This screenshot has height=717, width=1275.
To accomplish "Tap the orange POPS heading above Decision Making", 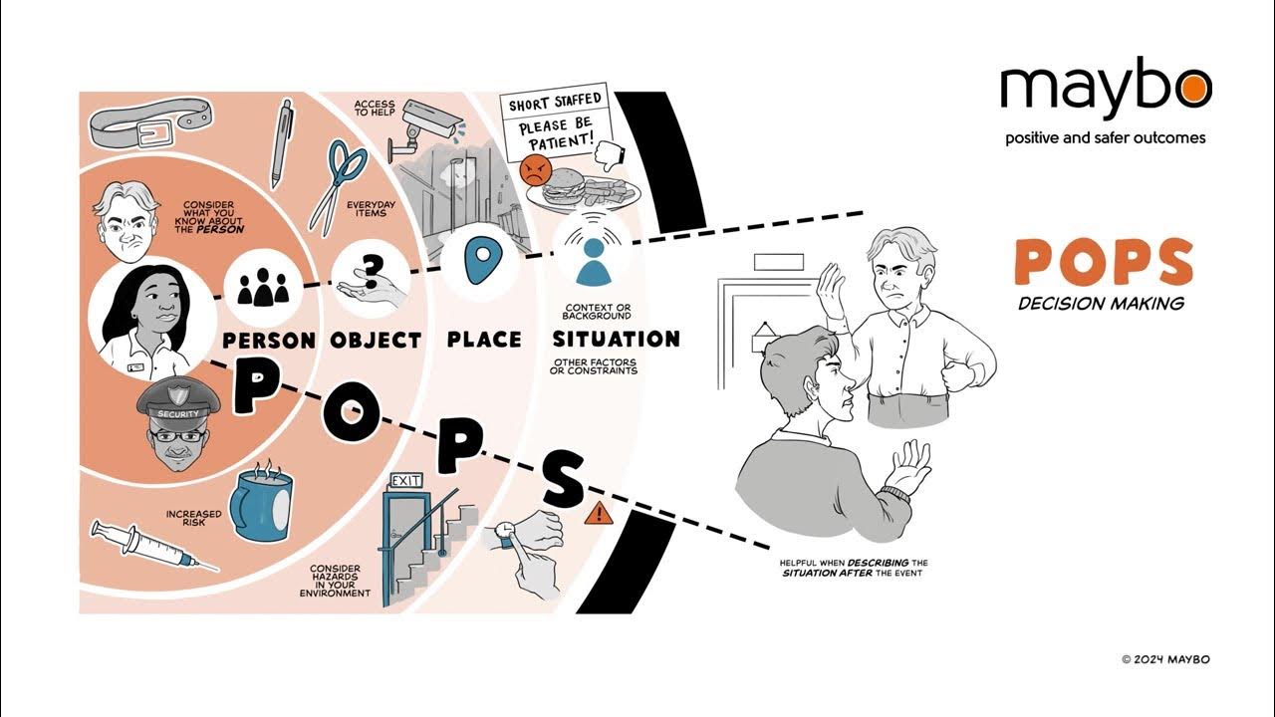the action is point(1104,262).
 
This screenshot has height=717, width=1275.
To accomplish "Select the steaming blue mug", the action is point(261,502).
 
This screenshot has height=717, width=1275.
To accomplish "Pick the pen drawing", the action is point(282,143).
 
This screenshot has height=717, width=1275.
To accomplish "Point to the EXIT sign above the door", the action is point(405,481).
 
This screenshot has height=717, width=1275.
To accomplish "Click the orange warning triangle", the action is point(599,513).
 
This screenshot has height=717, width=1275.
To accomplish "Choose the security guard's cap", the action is point(178,402).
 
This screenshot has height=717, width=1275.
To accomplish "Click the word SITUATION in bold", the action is point(617,340).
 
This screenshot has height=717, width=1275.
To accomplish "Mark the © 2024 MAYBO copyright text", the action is point(1165,659).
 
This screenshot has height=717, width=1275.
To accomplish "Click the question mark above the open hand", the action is point(372,272).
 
